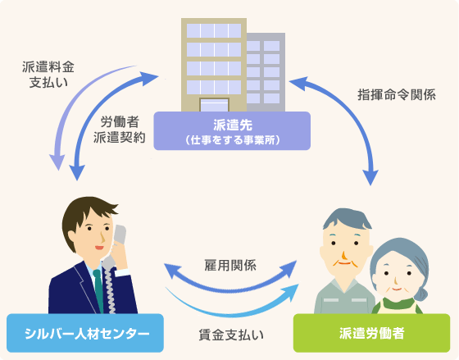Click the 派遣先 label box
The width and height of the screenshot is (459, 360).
coord(232,130)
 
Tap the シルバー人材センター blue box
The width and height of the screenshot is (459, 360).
coord(85,333)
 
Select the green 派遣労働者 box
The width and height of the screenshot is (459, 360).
coord(372,333)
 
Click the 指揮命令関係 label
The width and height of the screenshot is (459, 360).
coord(397,94)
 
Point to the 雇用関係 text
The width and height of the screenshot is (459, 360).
coord(230,265)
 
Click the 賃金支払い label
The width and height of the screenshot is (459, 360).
coord(231,335)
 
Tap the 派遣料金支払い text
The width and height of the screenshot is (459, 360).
coord(48,75)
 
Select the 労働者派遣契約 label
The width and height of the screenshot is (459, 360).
coord(120,130)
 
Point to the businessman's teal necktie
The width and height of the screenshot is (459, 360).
coord(98,290)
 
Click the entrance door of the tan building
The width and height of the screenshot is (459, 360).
coord(214,105)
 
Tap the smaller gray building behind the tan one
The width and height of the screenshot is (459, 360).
coord(266,72)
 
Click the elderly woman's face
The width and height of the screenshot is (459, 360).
coord(397,279)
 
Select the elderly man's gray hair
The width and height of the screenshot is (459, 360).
coord(346,219)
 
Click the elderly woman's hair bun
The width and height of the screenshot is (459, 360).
coord(422,292)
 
